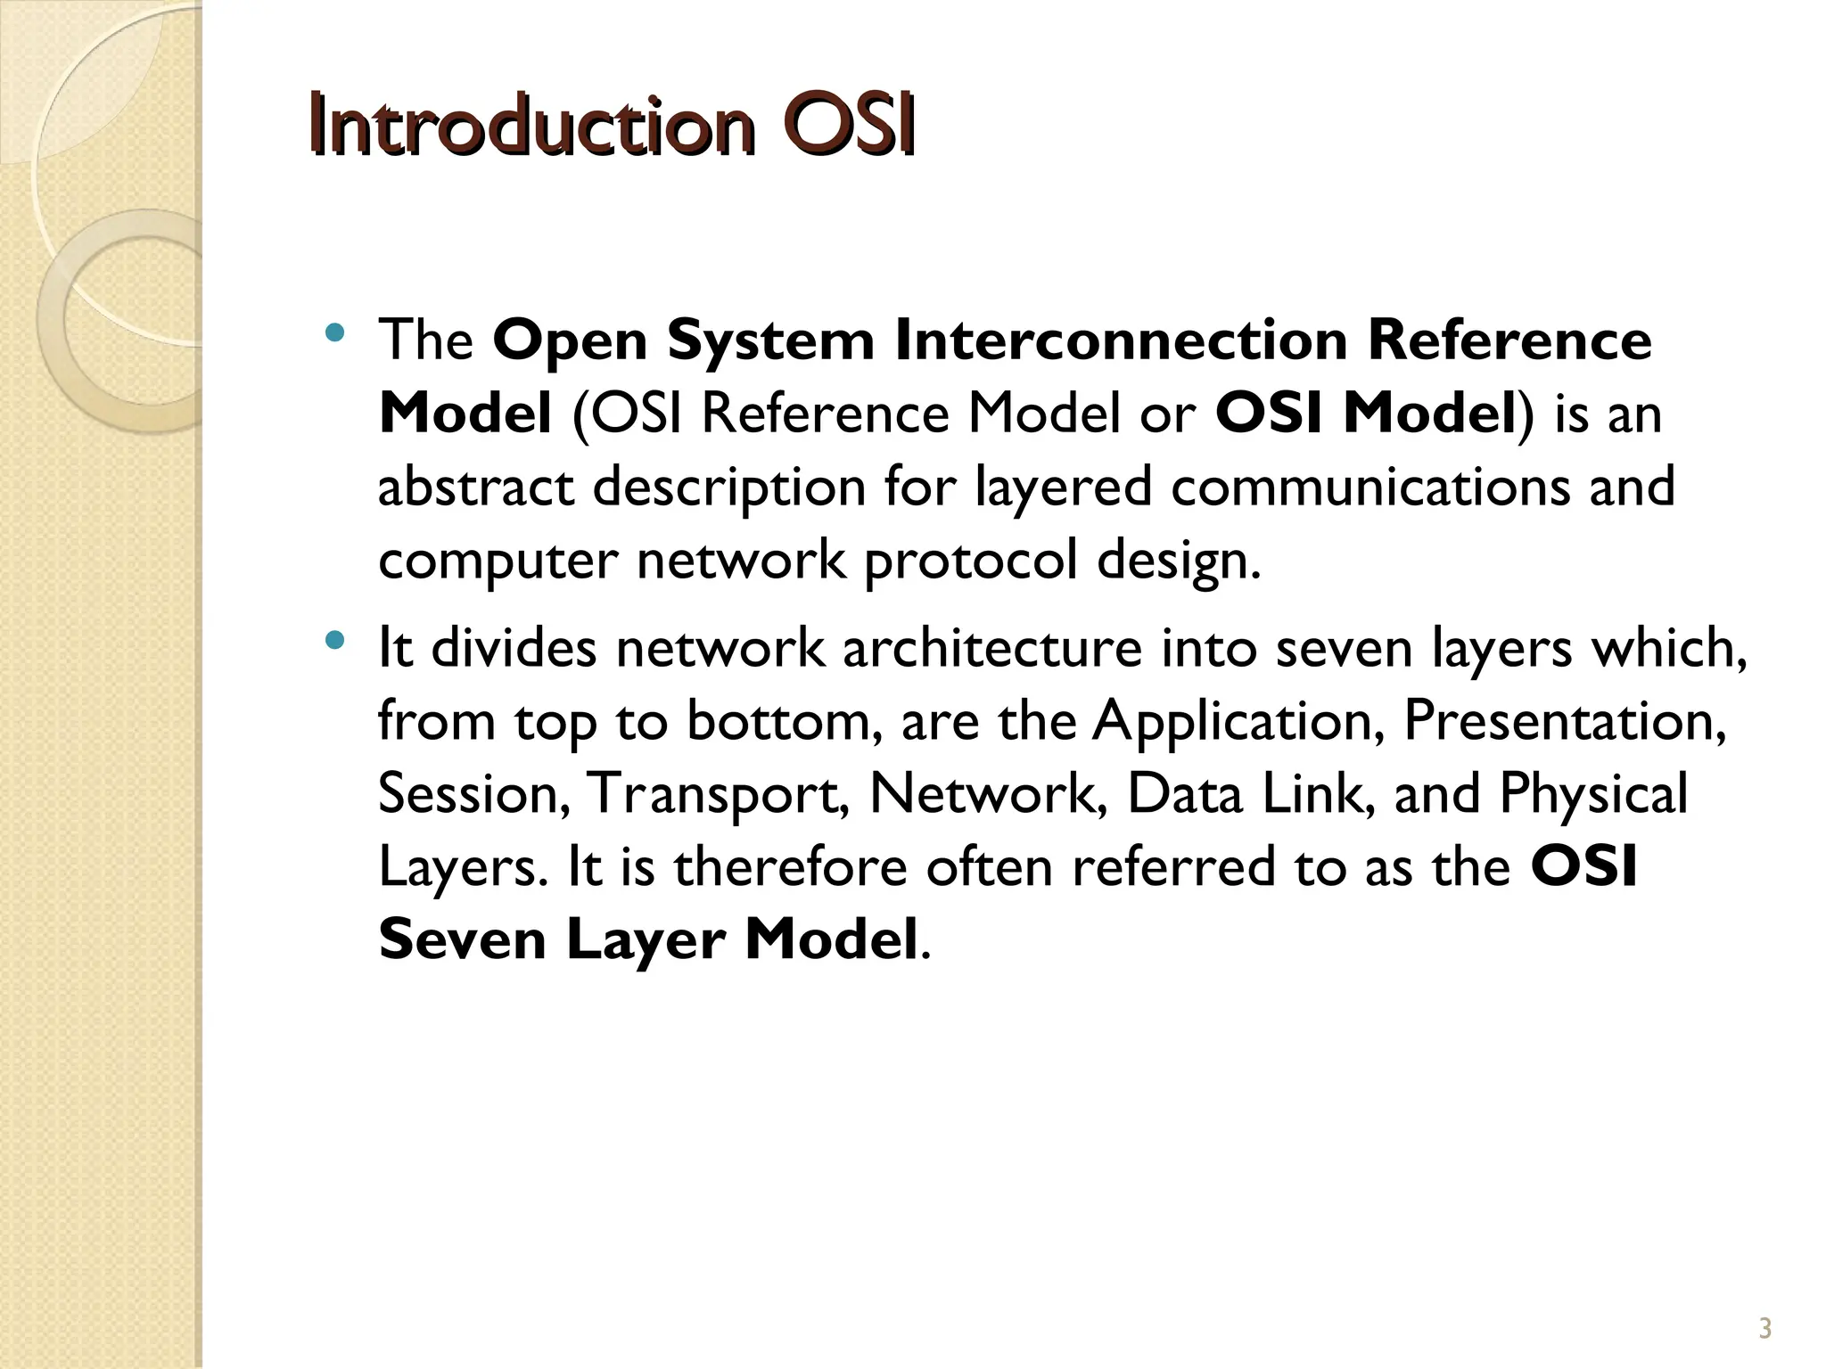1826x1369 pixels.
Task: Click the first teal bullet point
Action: pos(335,334)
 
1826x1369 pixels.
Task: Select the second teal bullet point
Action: pos(335,640)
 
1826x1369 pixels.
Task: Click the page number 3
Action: pos(1764,1329)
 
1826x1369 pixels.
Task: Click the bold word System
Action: pos(770,342)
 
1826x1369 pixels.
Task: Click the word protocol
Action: pos(971,562)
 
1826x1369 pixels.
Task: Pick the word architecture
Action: pos(992,648)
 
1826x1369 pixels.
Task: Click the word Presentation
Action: pos(1565,721)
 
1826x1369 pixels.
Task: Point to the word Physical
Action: pos(1593,793)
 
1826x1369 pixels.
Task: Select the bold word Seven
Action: pos(462,940)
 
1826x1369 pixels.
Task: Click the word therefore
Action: pos(790,867)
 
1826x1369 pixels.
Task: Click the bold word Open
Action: pos(570,342)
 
